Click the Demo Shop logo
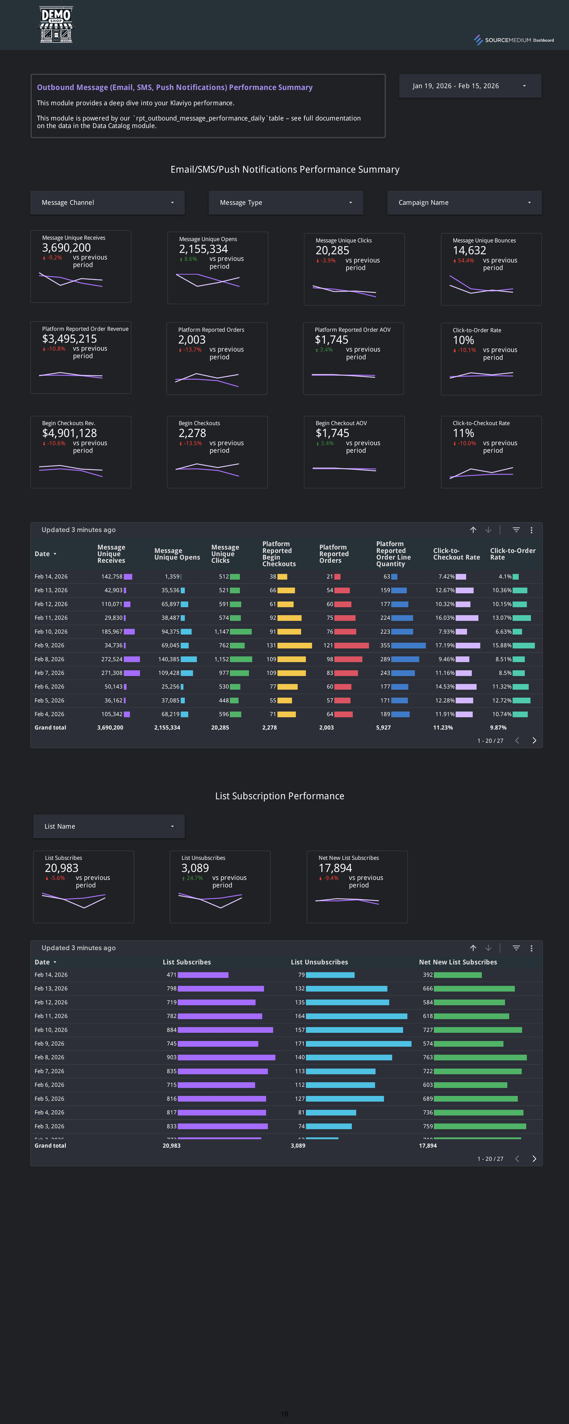pos(56,24)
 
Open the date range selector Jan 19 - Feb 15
pos(469,86)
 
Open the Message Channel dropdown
pos(108,202)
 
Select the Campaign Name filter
pos(464,202)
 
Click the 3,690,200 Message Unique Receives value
pos(66,248)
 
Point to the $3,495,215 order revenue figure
pos(69,339)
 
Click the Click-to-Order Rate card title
pos(477,330)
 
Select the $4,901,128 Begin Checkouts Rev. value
pos(69,433)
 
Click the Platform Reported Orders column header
pos(334,554)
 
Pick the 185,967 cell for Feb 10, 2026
pos(112,631)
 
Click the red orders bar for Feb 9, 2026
pos(351,645)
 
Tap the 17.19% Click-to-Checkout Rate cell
pos(445,645)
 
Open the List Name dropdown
pos(109,826)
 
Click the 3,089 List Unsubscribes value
pos(195,868)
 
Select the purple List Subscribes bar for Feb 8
pos(226,1057)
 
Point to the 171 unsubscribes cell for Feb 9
pos(300,1043)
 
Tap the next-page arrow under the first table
pos(534,740)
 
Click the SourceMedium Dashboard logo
pos(514,40)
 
